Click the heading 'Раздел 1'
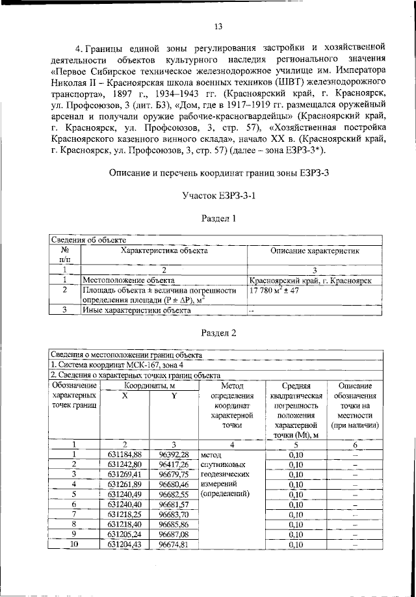coord(218,219)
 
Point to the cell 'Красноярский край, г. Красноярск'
coord(310,280)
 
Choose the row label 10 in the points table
coord(74,544)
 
